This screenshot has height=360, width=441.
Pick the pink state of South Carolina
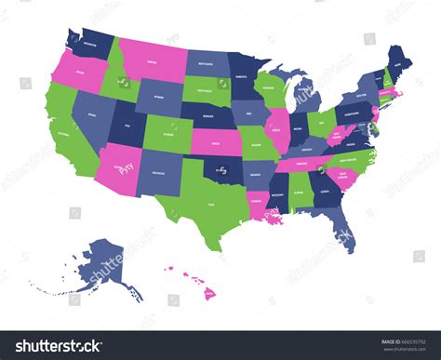point(341,171)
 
